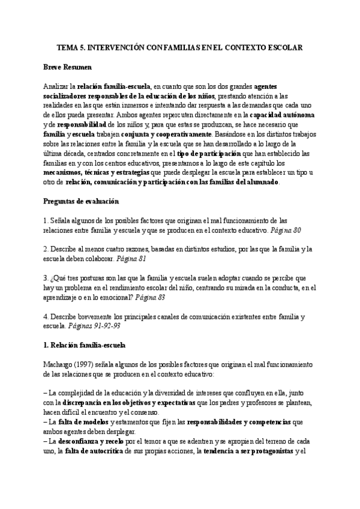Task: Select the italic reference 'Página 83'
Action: pos(151,297)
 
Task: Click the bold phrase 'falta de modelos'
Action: pos(86,422)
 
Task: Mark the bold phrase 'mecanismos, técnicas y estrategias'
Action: pos(99,172)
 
